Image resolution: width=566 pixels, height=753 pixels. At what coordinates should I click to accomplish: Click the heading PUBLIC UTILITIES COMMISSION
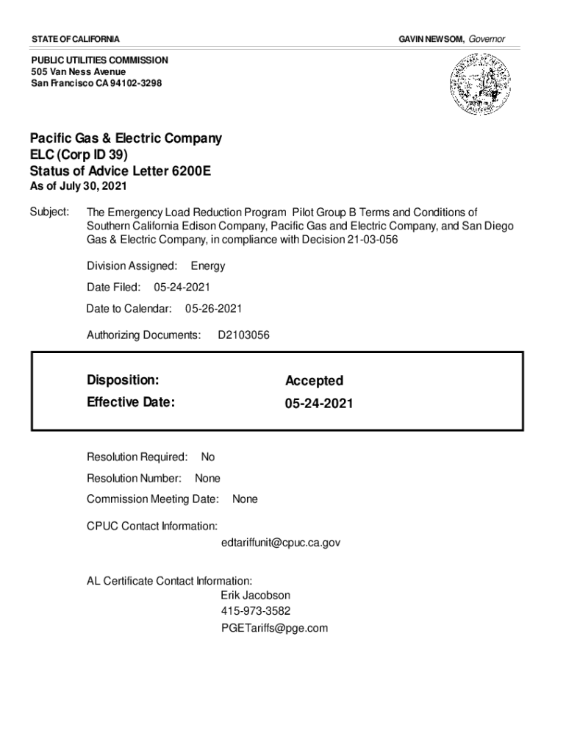99,60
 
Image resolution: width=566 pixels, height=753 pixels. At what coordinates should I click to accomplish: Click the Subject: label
49,213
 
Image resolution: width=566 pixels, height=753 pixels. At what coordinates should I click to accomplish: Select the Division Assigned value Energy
208,266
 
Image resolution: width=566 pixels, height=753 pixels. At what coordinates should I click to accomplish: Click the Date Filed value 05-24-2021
187,288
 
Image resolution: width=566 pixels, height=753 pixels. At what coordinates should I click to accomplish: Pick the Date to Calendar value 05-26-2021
213,309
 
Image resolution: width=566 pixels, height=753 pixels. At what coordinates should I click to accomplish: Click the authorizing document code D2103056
244,335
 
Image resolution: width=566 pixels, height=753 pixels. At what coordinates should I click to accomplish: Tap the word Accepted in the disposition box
314,381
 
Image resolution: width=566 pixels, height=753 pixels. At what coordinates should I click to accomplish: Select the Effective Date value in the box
319,404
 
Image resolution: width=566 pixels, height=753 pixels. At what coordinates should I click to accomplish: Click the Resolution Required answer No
208,457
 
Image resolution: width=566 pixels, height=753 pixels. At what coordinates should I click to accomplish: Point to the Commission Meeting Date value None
245,499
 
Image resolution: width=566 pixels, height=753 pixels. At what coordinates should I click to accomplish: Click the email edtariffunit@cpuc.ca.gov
280,543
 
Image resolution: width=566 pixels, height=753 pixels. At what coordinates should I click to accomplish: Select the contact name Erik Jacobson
255,595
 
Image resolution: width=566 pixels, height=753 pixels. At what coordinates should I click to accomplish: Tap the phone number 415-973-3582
255,611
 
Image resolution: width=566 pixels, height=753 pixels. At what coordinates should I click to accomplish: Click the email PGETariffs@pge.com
274,628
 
